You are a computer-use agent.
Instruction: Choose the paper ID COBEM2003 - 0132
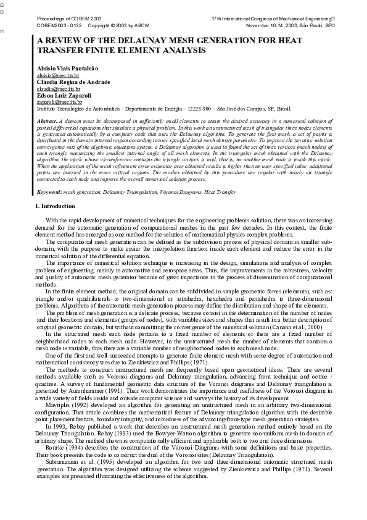tap(59, 26)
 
